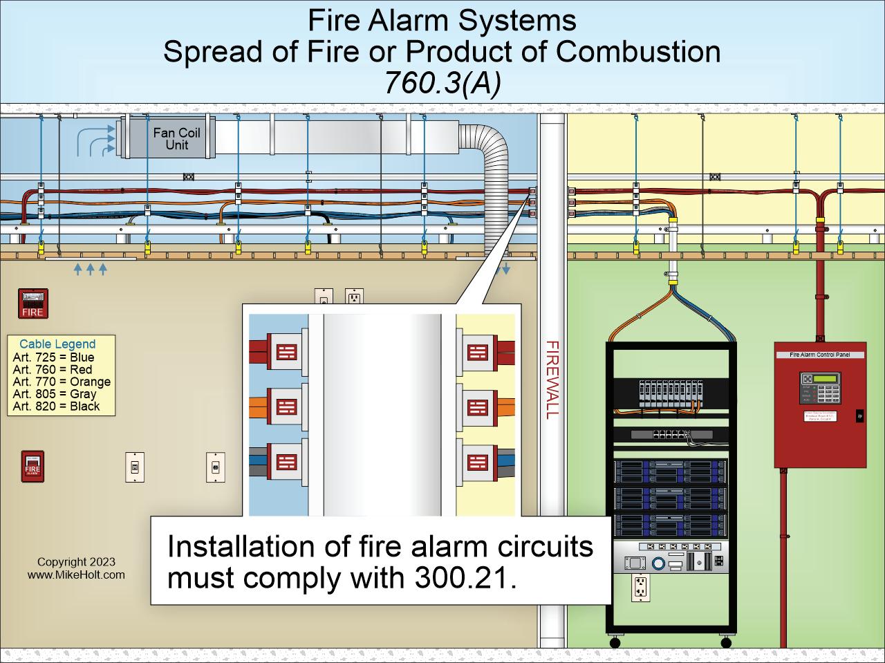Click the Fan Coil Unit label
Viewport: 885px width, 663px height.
coord(176,138)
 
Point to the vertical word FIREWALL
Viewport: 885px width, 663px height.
coord(552,380)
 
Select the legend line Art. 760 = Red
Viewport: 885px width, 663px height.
coord(52,370)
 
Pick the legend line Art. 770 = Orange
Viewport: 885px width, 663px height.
coord(62,382)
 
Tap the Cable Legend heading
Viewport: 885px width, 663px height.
coord(57,344)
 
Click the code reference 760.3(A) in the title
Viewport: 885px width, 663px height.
coord(442,83)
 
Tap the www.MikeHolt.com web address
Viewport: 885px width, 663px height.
coord(76,575)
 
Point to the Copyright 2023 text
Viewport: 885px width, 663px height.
coord(76,562)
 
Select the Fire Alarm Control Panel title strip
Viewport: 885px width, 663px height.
coord(820,355)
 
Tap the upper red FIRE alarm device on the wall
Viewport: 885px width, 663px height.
coord(32,304)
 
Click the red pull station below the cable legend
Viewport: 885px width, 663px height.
coord(32,467)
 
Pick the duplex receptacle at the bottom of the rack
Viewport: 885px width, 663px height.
coord(640,588)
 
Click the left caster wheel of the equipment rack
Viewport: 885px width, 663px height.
coord(615,642)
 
